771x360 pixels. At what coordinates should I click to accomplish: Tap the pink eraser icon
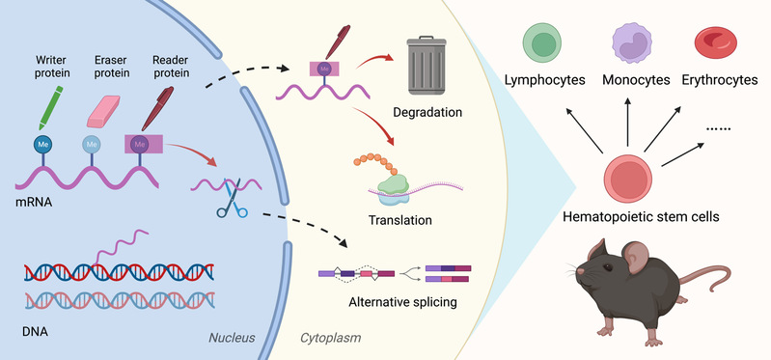coord(103,112)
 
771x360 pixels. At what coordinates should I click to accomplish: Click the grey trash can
coord(426,66)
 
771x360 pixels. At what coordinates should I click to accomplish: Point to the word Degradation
coord(427,112)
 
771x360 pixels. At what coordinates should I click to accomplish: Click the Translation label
coord(400,219)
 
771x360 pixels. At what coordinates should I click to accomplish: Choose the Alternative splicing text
coord(402,301)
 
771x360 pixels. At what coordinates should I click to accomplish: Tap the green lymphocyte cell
coord(543,42)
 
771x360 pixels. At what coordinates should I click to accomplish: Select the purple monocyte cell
coord(631,43)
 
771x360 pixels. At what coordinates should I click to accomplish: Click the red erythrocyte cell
coord(715,42)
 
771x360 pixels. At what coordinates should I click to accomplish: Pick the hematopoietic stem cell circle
coord(628,179)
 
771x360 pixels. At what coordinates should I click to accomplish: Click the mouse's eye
coord(608,267)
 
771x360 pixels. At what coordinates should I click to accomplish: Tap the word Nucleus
coord(232,338)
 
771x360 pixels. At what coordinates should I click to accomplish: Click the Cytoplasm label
coord(330,338)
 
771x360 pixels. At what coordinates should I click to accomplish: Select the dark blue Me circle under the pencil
coord(42,144)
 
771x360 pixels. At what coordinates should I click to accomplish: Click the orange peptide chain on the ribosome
coord(375,163)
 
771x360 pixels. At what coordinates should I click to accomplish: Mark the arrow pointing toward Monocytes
coord(627,121)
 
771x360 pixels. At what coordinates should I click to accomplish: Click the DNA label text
coord(36,331)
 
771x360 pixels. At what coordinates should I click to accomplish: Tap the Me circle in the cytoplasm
coord(323,69)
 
